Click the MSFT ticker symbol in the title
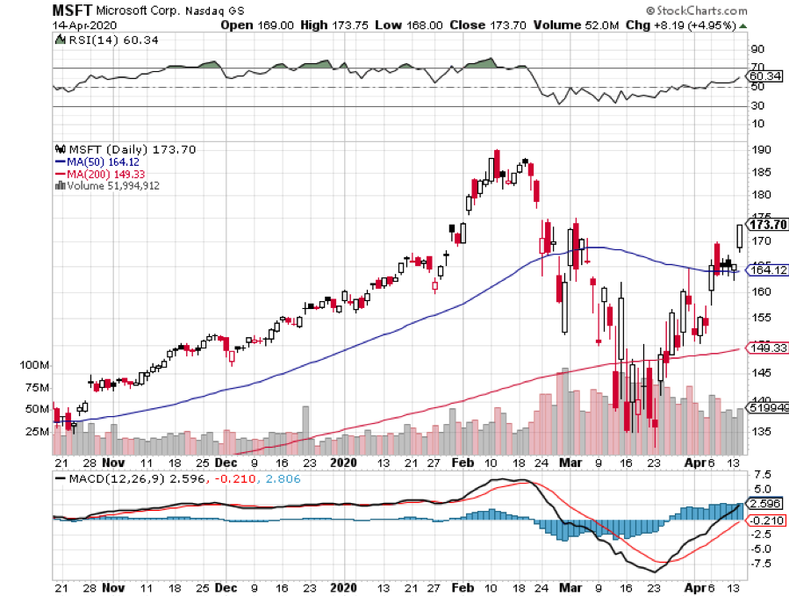click(x=69, y=10)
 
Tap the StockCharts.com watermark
click(x=700, y=11)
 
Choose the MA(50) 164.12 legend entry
click(x=98, y=162)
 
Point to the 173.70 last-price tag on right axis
click(x=765, y=225)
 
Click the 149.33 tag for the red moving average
click(x=765, y=348)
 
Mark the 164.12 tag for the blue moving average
click(x=765, y=269)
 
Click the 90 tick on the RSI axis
click(x=756, y=49)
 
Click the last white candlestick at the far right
click(x=740, y=235)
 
